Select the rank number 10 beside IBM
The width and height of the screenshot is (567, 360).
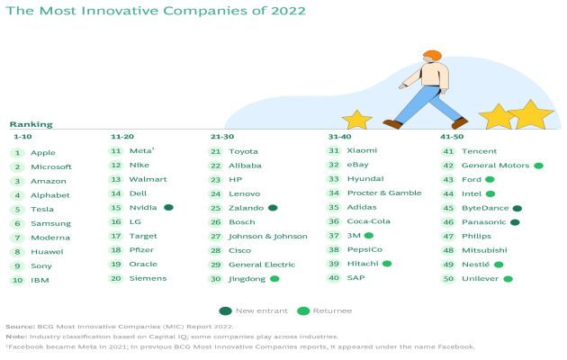pos(16,280)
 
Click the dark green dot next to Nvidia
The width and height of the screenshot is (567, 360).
pos(168,208)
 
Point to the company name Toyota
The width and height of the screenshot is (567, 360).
pos(243,151)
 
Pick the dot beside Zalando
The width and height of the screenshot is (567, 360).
pos(273,208)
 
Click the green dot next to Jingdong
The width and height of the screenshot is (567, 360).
pos(274,279)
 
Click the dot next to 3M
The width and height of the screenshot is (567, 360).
pos(369,235)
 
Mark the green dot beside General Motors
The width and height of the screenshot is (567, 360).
pos(537,166)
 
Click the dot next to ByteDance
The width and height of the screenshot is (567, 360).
pos(517,208)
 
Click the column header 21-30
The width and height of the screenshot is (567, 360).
pos(221,136)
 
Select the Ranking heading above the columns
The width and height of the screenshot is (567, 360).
pos(31,124)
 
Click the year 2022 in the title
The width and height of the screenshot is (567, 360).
pos(284,12)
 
